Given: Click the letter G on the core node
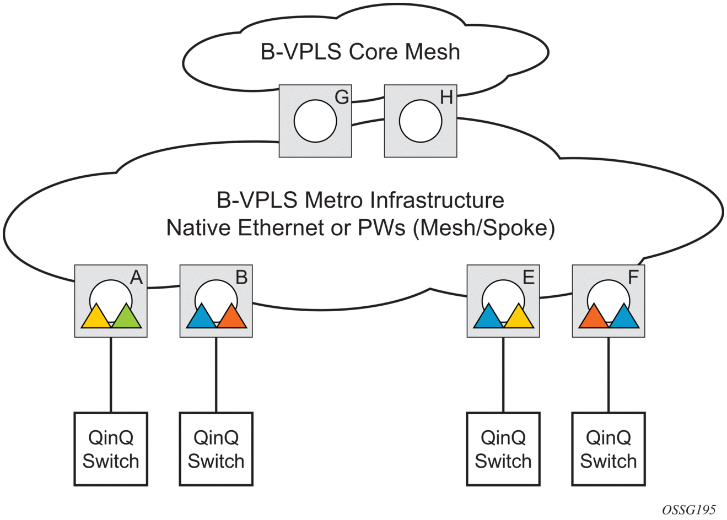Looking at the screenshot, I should point(342,97).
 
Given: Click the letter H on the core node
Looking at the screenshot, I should point(446,97).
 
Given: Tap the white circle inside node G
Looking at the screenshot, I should point(315,121).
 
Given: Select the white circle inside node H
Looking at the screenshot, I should point(420,121).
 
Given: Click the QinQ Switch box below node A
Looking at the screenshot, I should point(111,449).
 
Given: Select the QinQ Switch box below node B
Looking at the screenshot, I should point(216,449).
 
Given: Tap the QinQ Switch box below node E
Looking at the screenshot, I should point(503,449).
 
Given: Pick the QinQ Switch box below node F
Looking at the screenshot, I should point(608,449).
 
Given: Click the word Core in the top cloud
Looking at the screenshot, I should point(374,52).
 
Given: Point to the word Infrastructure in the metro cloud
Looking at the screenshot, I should point(437,200).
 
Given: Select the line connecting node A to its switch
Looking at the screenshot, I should point(111,375).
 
